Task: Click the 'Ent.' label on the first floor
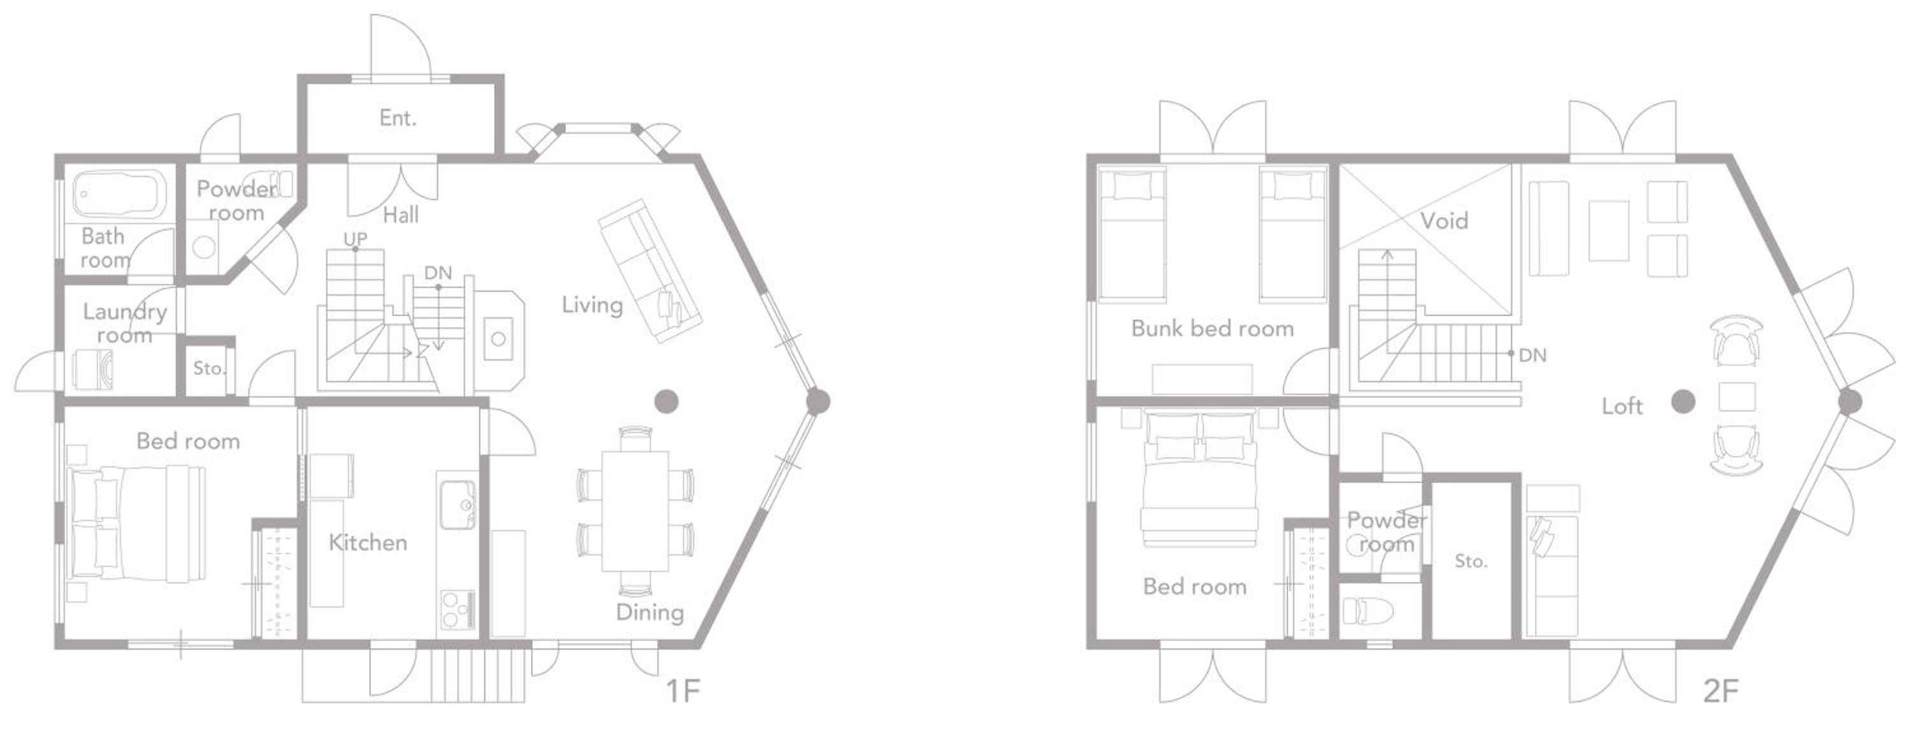click(397, 117)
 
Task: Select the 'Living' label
click(592, 304)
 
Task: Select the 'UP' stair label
click(355, 239)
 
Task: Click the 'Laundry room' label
click(125, 323)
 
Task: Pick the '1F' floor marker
click(682, 691)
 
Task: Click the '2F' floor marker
click(1721, 691)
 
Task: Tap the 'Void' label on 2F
click(1444, 220)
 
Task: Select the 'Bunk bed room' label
click(1212, 328)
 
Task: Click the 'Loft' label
click(1622, 406)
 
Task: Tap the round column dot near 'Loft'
click(1683, 401)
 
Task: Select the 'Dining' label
click(650, 612)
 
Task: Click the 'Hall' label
click(401, 215)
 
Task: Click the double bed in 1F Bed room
click(136, 522)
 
